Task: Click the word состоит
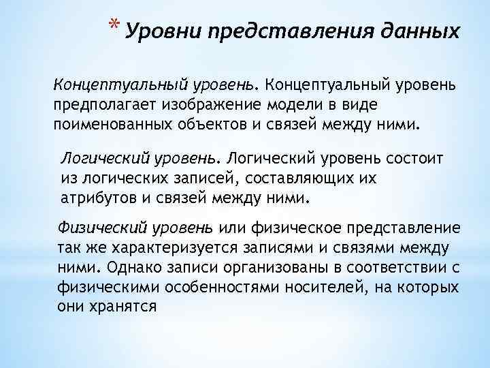[414, 160]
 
